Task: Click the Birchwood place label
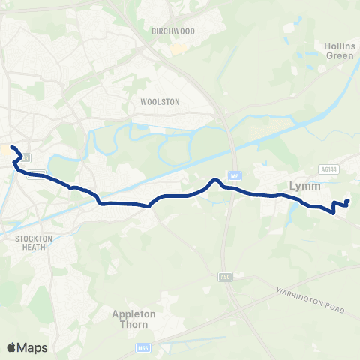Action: [x=172, y=31]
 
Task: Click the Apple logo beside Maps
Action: [x=11, y=347]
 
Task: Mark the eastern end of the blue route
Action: [x=347, y=202]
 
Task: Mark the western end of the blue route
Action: [x=12, y=138]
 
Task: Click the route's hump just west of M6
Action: [x=214, y=180]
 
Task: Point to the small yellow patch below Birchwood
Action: [x=177, y=49]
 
